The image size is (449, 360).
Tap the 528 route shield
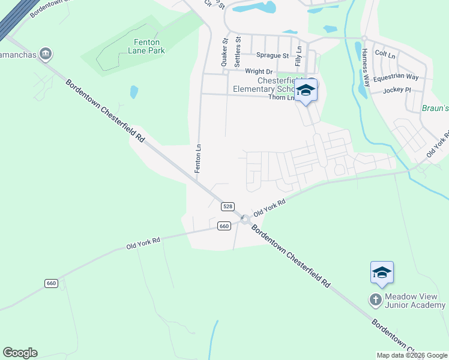(x=227, y=206)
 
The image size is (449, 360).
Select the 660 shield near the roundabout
(x=223, y=226)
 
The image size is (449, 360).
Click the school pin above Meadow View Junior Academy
(x=382, y=273)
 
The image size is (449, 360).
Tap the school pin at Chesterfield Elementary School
(x=306, y=91)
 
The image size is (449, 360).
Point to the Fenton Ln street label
(x=197, y=159)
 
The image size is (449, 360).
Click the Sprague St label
(x=273, y=55)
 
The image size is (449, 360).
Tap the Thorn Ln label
(x=282, y=97)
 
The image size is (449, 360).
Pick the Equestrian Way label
(x=396, y=77)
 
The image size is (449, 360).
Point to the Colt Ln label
(x=385, y=54)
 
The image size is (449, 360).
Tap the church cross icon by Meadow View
(x=376, y=299)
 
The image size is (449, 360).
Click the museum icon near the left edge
(x=46, y=55)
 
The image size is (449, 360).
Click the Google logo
(x=20, y=353)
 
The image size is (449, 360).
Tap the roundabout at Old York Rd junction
(x=245, y=219)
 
